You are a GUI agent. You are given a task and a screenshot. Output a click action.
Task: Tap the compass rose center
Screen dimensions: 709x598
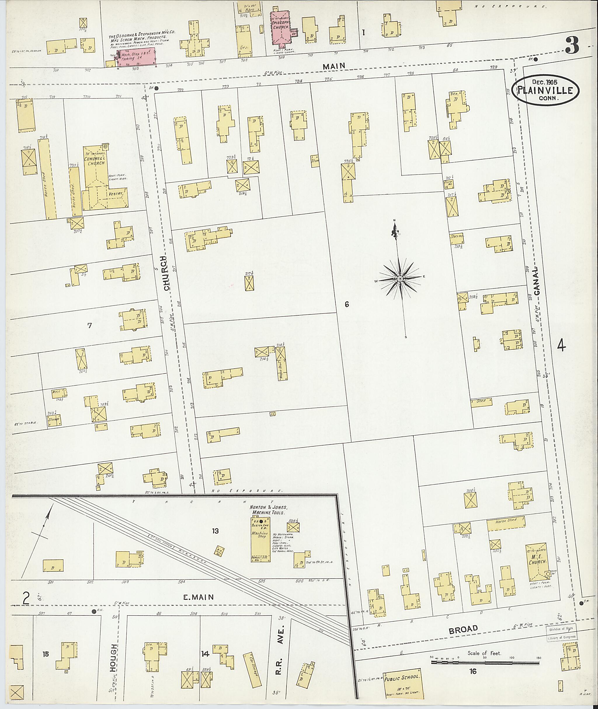point(400,278)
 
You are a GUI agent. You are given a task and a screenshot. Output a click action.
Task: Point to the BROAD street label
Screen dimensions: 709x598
point(463,629)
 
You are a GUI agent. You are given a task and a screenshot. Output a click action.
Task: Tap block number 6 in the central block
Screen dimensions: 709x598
point(347,304)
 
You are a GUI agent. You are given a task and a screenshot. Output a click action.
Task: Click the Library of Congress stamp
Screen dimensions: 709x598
point(561,633)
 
